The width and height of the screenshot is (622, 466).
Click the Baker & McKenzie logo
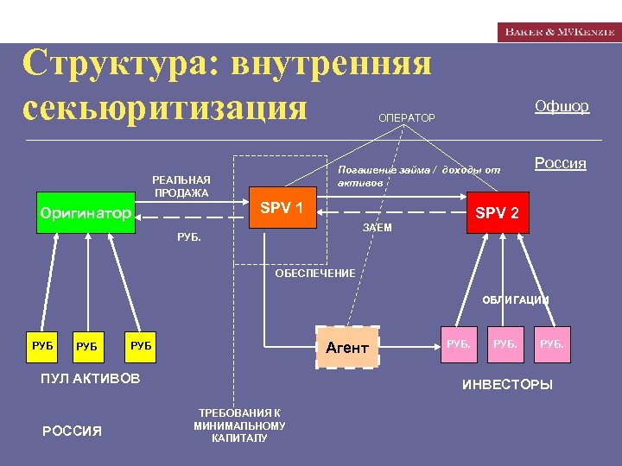click(558, 32)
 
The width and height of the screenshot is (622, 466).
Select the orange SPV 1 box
click(282, 208)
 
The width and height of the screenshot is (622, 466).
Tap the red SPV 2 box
click(497, 213)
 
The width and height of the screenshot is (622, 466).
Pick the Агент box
click(347, 348)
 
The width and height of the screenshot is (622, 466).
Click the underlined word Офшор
click(562, 106)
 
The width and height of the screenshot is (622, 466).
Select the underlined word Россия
click(561, 163)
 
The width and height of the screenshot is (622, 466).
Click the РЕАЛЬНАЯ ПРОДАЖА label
click(181, 186)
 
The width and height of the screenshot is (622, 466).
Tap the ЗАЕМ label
click(378, 228)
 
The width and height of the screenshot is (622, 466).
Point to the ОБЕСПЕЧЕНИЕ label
click(314, 274)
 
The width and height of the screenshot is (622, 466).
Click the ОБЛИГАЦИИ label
click(515, 301)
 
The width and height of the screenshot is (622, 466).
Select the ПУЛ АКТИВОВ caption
click(90, 379)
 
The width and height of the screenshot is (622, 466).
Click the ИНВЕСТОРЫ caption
click(507, 385)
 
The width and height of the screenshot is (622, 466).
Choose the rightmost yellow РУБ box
click(141, 346)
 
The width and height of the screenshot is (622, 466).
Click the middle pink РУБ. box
click(505, 344)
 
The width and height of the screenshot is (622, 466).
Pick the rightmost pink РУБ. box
click(552, 344)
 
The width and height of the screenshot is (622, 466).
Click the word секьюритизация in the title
click(166, 109)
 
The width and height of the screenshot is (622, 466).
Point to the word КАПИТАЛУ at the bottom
click(239, 438)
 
